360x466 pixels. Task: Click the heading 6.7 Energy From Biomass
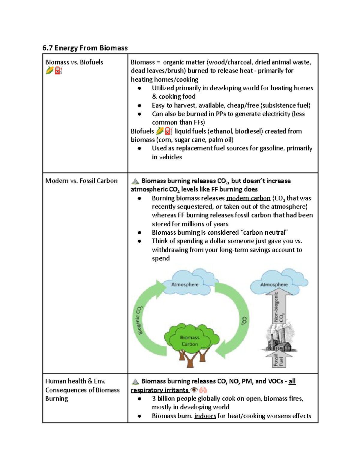coord(85,48)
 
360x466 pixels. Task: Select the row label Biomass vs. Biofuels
coord(74,62)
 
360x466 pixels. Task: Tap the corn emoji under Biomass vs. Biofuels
coord(49,71)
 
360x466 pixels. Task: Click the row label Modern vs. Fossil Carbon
coord(81,181)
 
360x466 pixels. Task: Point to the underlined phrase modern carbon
coord(248,198)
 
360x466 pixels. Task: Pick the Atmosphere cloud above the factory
coord(274,284)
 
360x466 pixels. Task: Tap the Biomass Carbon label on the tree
coord(190,341)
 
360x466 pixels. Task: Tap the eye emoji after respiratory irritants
coord(194,390)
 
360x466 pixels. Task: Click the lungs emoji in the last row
coord(203,390)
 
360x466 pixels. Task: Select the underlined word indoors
coord(205,416)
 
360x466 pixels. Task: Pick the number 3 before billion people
coord(154,398)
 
